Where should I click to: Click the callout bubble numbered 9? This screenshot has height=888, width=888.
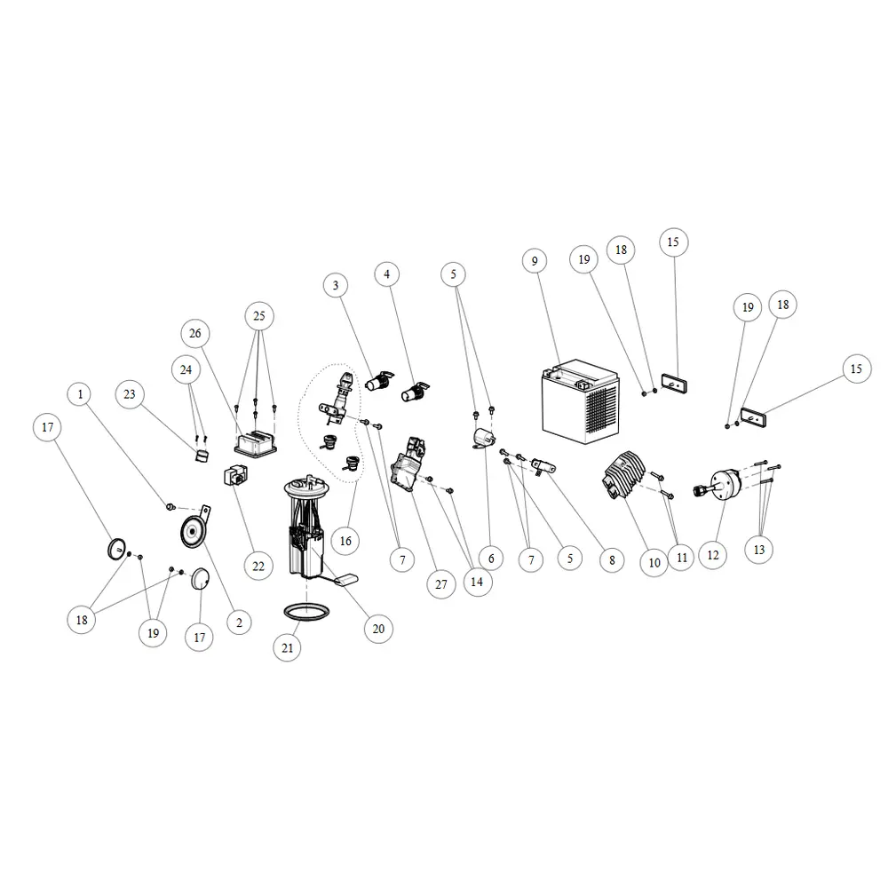click(x=535, y=261)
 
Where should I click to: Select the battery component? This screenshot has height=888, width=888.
click(x=581, y=401)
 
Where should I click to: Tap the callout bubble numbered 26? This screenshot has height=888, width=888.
click(x=195, y=334)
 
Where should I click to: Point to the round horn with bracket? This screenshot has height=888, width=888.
click(x=194, y=527)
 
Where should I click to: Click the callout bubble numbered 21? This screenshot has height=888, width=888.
click(x=287, y=648)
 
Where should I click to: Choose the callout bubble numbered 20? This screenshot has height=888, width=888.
click(x=378, y=629)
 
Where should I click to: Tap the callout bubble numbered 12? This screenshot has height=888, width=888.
click(x=713, y=555)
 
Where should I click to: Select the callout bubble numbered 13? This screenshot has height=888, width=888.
click(x=759, y=550)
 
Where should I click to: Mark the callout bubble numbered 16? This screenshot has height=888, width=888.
click(x=345, y=541)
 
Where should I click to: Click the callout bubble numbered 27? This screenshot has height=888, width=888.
click(x=441, y=584)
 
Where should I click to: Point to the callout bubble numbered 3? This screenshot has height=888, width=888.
click(x=336, y=285)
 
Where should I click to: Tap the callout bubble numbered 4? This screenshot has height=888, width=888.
click(x=387, y=274)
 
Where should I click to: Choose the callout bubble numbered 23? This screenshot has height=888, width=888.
click(x=130, y=394)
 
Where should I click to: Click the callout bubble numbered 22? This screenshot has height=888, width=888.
click(x=258, y=566)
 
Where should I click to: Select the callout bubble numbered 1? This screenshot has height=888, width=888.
click(x=80, y=394)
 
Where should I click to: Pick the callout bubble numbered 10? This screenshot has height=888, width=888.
click(x=654, y=563)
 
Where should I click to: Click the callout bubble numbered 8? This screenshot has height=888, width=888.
click(x=612, y=560)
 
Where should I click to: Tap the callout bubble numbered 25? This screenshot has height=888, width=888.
click(x=258, y=316)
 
